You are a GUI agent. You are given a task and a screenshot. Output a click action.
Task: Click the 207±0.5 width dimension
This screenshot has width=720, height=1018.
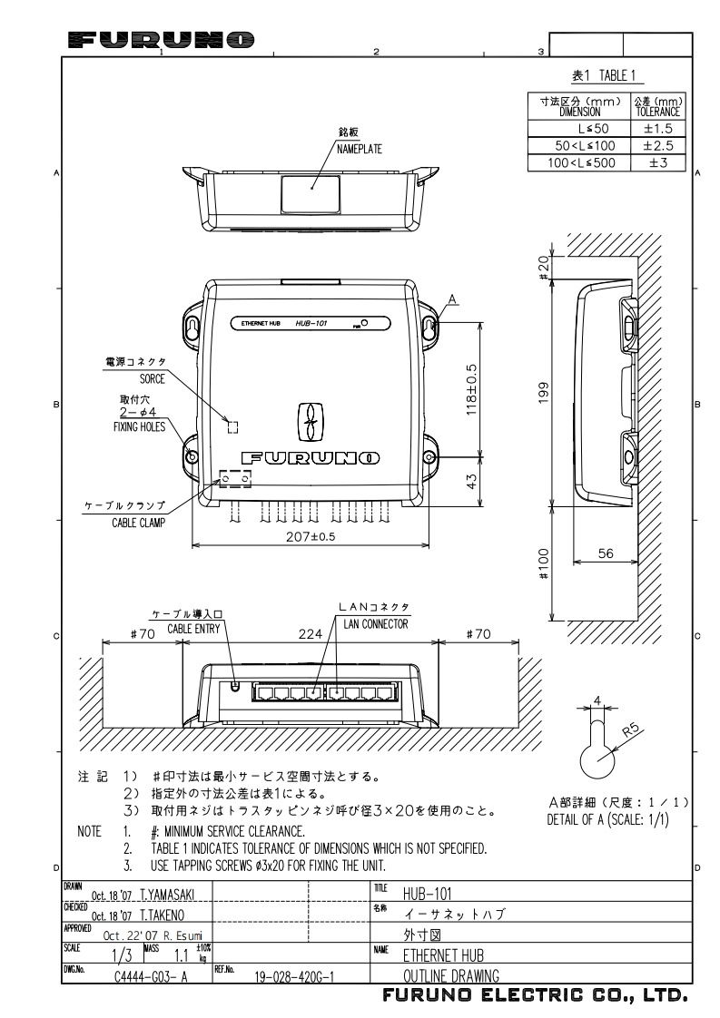[310, 537]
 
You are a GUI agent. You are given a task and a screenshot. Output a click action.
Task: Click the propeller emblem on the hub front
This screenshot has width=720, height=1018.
[310, 423]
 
